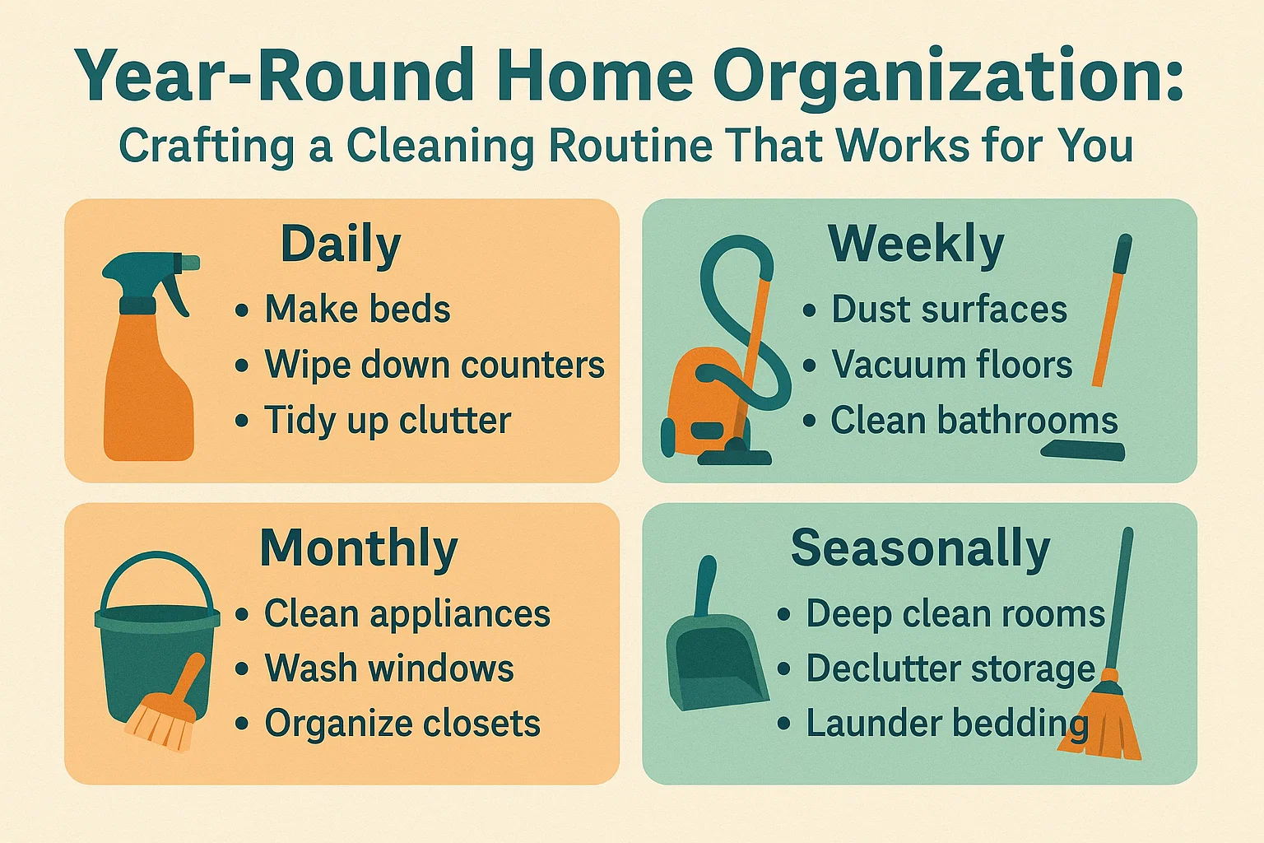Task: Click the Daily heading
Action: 341,245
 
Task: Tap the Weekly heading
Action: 916,245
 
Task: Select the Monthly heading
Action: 359,548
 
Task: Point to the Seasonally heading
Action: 920,548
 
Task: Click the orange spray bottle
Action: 148,387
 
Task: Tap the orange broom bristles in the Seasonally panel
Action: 1101,724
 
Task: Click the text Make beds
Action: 357,310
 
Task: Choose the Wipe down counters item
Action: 434,365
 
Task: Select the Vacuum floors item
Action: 951,365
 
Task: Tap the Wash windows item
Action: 388,668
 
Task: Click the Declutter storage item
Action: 950,668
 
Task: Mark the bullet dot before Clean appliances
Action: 242,615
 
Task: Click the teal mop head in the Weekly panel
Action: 1082,450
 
